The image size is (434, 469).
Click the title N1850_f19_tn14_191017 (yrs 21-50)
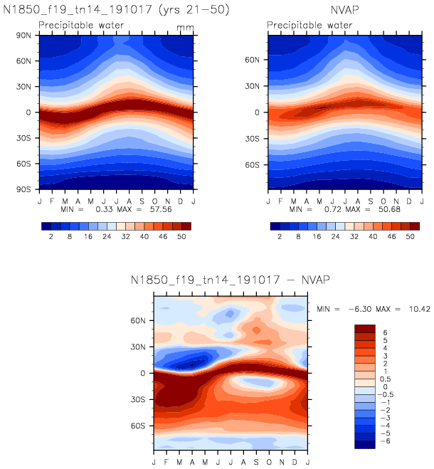117,11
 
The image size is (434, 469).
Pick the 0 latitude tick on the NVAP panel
259,112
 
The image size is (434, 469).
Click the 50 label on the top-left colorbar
181,238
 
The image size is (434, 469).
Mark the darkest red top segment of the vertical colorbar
365,328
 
